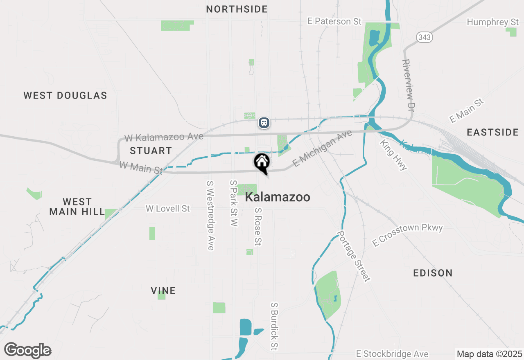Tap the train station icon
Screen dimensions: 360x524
point(264,122)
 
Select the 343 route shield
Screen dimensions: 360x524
point(425,37)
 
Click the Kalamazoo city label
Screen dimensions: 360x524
point(277,197)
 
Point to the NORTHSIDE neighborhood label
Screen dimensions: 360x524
point(237,9)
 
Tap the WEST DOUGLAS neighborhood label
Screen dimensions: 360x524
point(65,96)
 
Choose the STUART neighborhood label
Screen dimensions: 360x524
point(151,151)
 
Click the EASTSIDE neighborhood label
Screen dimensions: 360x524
point(492,132)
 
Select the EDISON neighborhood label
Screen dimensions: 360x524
point(433,273)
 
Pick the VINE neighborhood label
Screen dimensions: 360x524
point(163,290)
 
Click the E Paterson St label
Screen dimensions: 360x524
point(334,21)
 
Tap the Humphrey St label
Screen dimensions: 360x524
point(493,22)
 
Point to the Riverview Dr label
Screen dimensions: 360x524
point(408,85)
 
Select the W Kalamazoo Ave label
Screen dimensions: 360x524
point(164,137)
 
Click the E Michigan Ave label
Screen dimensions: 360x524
point(323,148)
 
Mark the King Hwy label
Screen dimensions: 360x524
point(393,155)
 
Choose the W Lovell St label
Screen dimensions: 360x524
point(167,209)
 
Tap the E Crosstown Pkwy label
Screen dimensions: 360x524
point(407,235)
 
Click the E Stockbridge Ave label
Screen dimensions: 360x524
point(392,354)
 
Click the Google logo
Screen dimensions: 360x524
point(27,350)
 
